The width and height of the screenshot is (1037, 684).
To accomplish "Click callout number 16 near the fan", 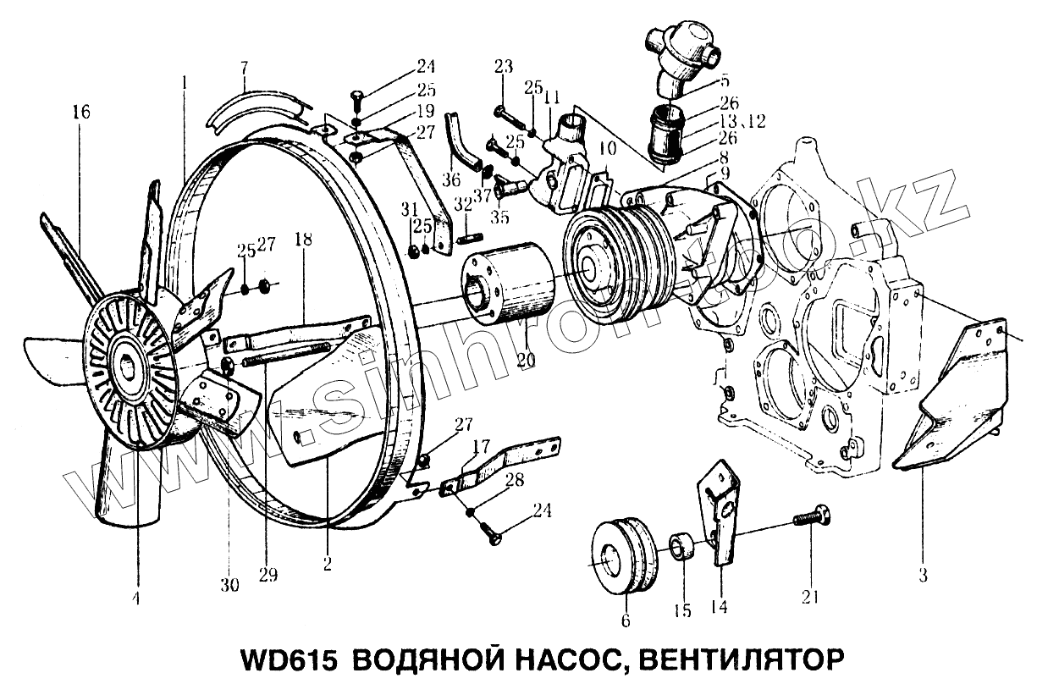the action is tap(81, 112).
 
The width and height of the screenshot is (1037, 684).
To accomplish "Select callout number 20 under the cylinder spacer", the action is tap(526, 359).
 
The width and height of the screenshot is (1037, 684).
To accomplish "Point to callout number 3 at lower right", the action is tap(922, 576).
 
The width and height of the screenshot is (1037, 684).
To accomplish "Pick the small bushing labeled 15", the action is tap(683, 547).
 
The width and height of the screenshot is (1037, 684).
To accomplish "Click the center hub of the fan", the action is tap(130, 367).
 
